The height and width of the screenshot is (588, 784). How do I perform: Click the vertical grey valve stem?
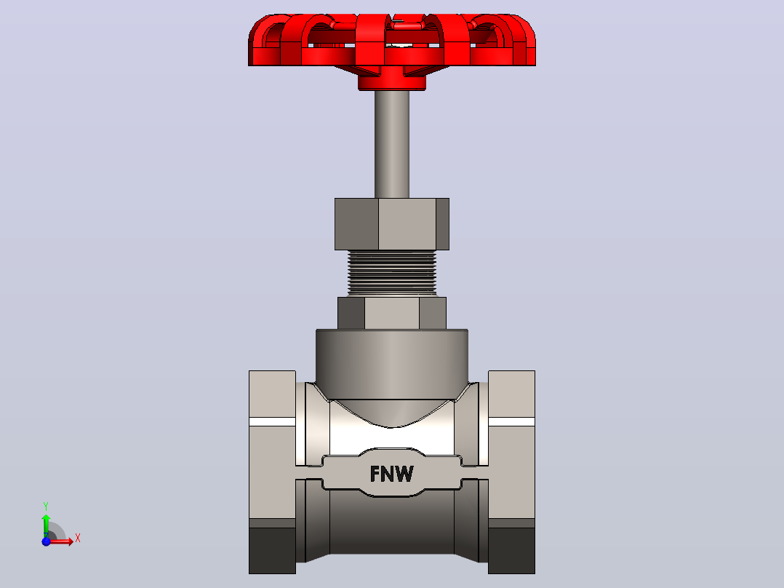392,144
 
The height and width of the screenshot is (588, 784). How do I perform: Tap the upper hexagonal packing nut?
392,224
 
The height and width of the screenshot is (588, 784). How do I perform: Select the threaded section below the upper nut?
392,273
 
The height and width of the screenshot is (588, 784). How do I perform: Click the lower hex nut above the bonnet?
392,313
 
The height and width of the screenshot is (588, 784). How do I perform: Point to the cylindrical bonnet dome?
392,365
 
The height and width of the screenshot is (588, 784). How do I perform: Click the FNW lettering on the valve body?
392,474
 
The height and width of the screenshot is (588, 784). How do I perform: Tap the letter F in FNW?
375,474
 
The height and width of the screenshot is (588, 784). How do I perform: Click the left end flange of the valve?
272,472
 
